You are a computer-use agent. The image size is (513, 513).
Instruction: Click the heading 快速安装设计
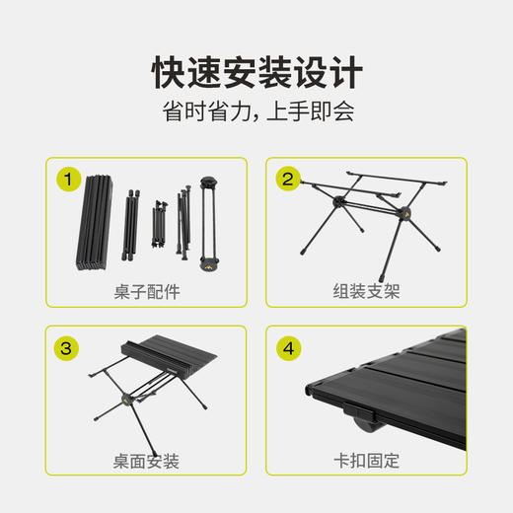[256, 72]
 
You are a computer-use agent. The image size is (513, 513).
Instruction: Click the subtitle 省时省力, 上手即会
[256, 111]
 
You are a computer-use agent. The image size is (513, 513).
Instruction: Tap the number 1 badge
[68, 179]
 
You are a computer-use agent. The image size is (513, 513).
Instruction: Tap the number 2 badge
[288, 179]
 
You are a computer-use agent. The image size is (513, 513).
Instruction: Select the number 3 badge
[68, 347]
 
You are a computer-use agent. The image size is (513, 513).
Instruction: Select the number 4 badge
[288, 347]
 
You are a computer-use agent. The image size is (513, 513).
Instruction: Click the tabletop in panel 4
[395, 380]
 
